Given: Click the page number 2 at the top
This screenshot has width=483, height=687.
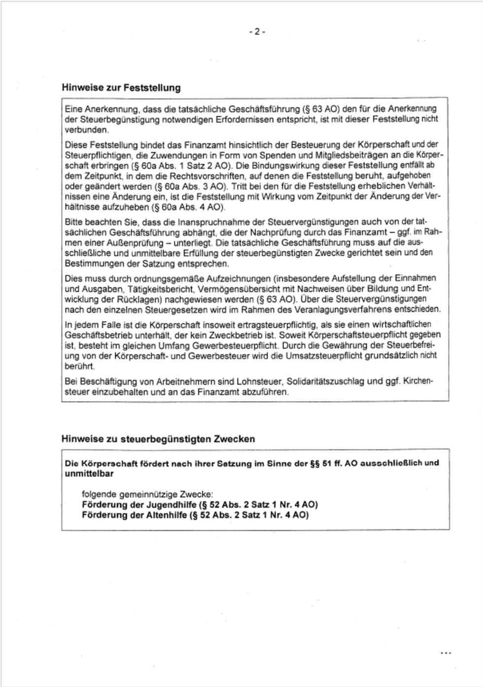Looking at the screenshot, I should pyautogui.click(x=257, y=32).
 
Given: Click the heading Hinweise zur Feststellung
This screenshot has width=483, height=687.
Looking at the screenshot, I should pyautogui.click(x=121, y=88).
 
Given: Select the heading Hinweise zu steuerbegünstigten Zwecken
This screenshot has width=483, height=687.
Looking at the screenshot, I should pyautogui.click(x=158, y=439).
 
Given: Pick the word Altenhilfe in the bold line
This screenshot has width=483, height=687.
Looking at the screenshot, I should pyautogui.click(x=166, y=515).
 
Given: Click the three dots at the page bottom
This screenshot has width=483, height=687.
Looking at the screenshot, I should pyautogui.click(x=445, y=653).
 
